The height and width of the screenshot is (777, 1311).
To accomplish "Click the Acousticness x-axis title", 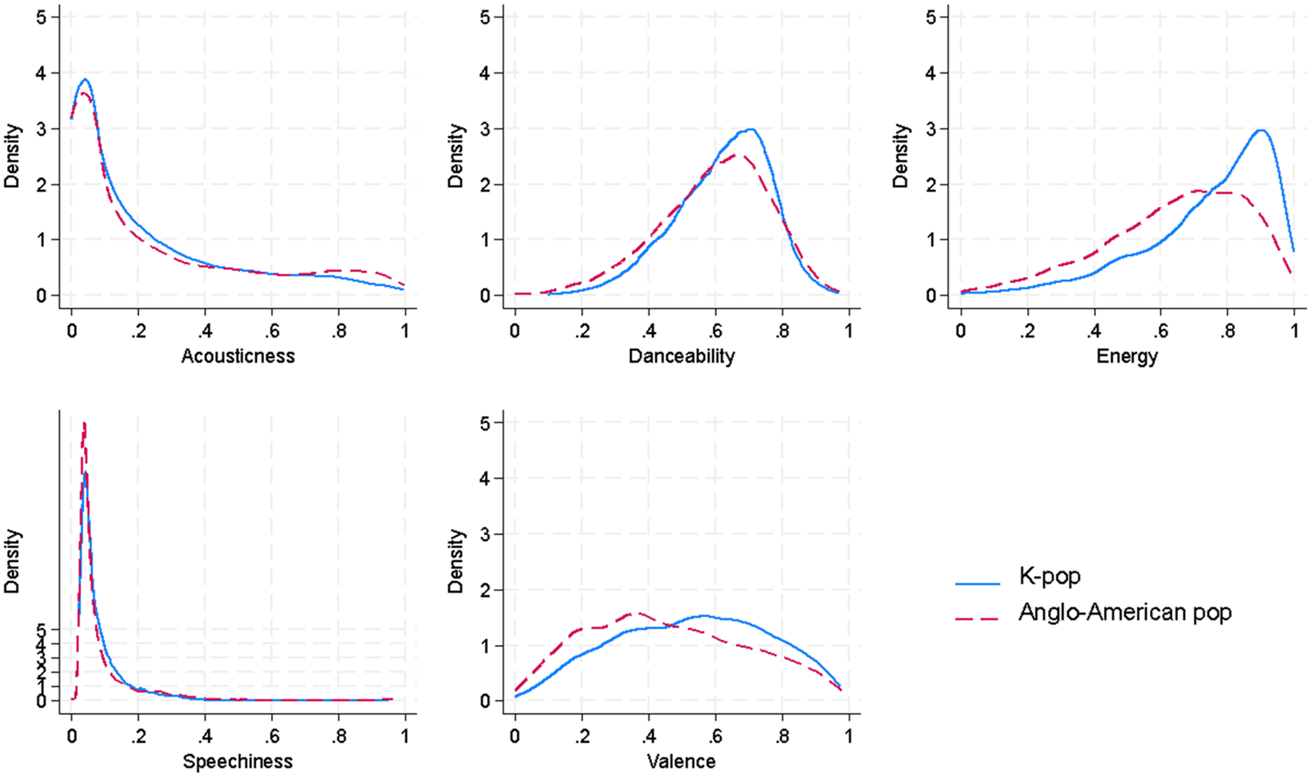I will (x=238, y=356).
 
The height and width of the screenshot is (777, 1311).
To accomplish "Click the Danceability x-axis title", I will (x=681, y=356).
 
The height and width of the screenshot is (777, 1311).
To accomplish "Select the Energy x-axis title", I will (x=1127, y=356).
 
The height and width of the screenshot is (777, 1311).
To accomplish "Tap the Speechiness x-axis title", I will (x=238, y=761).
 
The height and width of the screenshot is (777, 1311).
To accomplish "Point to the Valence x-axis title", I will (x=681, y=761).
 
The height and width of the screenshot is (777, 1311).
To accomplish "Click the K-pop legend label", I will (x=1050, y=577).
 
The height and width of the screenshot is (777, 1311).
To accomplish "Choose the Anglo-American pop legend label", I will (x=1125, y=612).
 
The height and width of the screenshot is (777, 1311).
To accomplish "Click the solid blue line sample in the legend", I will (x=977, y=583).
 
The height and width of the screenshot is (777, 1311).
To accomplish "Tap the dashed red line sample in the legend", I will (x=977, y=618).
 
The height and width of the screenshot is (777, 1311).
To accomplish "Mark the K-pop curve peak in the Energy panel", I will (x=1260, y=130).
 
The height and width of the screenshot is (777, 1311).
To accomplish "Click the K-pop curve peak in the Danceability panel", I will (x=750, y=129).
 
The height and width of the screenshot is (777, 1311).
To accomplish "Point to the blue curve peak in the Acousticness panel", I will (x=85, y=80).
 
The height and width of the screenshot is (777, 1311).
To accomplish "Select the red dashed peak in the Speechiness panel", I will (x=84, y=424).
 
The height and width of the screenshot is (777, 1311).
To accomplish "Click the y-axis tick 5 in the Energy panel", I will (x=931, y=17).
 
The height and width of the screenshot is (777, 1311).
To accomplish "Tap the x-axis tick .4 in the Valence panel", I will (x=648, y=736).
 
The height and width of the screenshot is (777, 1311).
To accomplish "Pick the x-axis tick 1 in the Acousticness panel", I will (x=405, y=330).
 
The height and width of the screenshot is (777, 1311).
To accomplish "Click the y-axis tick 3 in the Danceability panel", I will (x=485, y=128).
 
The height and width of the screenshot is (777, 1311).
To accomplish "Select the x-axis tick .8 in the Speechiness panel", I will (x=338, y=736).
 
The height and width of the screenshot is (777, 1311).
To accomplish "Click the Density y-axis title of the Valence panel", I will (x=455, y=561).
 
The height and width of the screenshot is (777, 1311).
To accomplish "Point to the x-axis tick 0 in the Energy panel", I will (x=961, y=330).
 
